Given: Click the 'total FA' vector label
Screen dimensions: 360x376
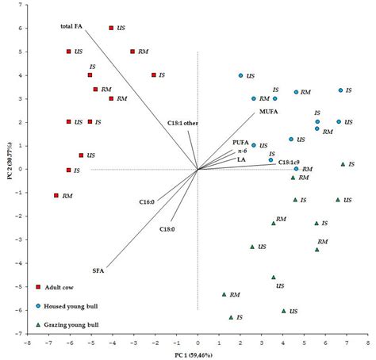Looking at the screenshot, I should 72,27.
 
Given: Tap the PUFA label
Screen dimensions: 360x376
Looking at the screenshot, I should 240,142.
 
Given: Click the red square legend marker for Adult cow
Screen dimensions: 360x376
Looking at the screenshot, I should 38,287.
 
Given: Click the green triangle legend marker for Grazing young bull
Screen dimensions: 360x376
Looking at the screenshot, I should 38,324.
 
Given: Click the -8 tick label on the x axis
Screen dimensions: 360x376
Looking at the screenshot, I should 26,344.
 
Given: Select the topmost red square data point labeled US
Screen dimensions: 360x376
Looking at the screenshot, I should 111,28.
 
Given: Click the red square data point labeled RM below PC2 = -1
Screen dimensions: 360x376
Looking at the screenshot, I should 56,195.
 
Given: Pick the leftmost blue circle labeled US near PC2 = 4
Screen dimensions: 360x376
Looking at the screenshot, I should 240,75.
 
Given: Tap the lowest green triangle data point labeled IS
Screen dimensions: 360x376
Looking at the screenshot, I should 231,317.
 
